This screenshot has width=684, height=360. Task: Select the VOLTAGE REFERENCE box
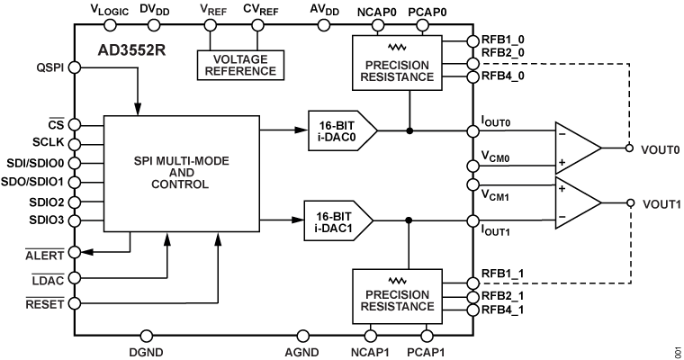click(238, 64)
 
